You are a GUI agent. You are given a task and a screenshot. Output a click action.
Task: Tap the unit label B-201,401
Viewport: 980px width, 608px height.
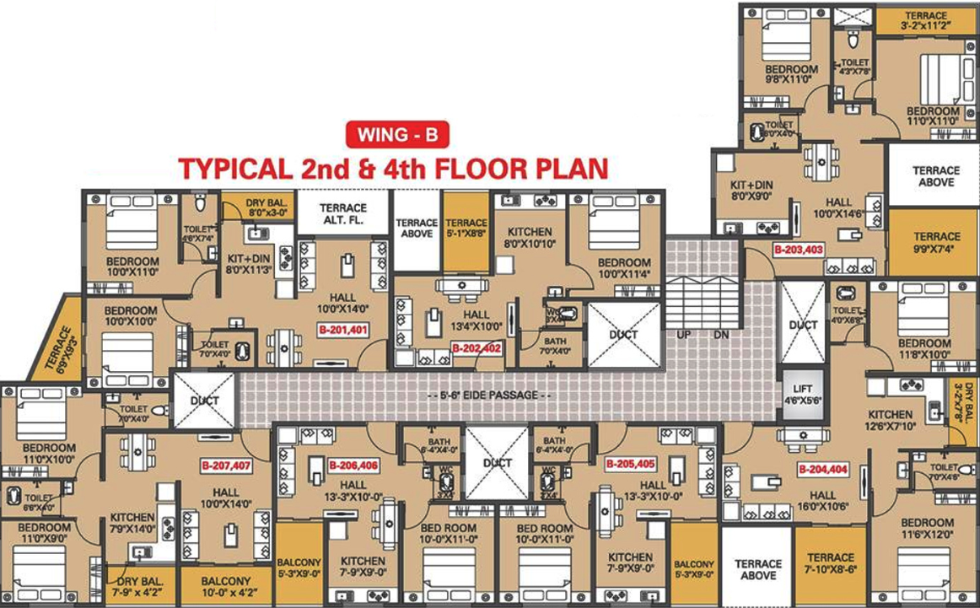click(x=342, y=330)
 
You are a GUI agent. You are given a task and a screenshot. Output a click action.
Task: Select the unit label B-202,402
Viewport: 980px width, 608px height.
click(x=477, y=347)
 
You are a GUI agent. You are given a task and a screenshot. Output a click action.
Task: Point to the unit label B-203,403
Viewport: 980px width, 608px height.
click(x=798, y=250)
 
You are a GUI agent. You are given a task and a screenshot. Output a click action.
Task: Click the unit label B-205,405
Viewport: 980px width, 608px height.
click(x=630, y=464)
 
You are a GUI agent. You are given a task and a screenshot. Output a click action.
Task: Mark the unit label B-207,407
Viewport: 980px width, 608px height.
click(x=225, y=465)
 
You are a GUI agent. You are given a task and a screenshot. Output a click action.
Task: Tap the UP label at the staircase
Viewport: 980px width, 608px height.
click(x=685, y=334)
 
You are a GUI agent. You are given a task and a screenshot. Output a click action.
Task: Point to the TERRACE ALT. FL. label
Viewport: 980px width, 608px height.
click(x=343, y=213)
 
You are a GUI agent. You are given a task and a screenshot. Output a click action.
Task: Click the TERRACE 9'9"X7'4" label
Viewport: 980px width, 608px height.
click(x=936, y=243)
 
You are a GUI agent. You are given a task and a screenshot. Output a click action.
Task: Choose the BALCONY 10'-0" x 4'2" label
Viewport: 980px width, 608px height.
click(x=225, y=586)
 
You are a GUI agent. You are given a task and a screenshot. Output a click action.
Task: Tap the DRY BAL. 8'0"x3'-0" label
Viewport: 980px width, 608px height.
click(x=267, y=208)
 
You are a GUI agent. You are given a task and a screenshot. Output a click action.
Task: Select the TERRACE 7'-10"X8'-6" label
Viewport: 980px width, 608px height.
click(x=831, y=563)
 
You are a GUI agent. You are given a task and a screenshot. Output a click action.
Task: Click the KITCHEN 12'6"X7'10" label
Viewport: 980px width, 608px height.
click(x=891, y=420)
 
